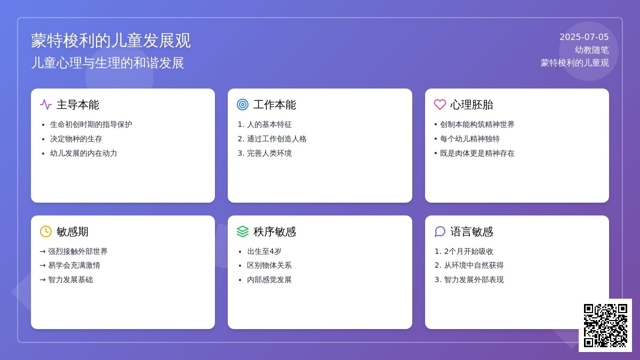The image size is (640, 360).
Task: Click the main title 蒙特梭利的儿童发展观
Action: click(x=110, y=41)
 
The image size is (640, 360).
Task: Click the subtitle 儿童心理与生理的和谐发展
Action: click(x=107, y=63)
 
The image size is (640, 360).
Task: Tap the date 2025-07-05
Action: click(x=583, y=37)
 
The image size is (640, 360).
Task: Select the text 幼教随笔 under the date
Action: click(x=591, y=50)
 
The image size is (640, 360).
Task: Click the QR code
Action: click(x=605, y=325)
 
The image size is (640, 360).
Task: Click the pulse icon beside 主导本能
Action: click(x=46, y=105)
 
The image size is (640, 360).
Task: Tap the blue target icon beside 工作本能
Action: click(x=243, y=105)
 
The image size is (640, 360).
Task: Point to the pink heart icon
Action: click(x=439, y=105)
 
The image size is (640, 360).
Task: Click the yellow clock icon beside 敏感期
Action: click(x=46, y=231)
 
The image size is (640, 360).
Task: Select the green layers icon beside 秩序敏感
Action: click(x=243, y=231)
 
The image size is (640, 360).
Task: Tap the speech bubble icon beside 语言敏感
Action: click(x=439, y=231)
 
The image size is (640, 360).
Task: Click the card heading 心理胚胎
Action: click(x=471, y=105)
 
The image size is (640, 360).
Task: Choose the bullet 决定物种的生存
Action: click(x=76, y=139)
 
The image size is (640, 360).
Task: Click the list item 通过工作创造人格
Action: click(x=277, y=139)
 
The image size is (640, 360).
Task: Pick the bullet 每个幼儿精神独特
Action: click(x=470, y=139)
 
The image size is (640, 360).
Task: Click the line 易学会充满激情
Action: click(x=74, y=266)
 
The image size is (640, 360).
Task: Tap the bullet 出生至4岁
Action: click(x=265, y=251)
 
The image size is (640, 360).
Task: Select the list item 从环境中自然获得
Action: click(x=474, y=266)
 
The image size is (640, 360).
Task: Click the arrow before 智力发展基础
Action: click(x=43, y=279)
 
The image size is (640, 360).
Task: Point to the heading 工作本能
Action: click(x=275, y=105)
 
